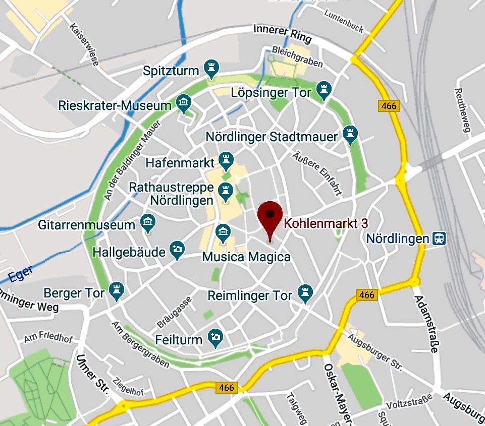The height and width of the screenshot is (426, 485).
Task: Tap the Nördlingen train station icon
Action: click(x=439, y=238)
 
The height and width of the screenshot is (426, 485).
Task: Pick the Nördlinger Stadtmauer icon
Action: click(x=349, y=134)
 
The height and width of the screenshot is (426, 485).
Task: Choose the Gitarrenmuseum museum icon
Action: click(x=147, y=222)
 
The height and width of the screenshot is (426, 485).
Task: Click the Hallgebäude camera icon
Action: click(x=177, y=250)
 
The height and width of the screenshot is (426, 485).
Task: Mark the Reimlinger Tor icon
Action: click(x=304, y=292)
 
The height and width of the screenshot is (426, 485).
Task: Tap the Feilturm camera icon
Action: click(x=216, y=337)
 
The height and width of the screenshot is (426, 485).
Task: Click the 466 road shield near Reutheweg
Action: click(x=388, y=106)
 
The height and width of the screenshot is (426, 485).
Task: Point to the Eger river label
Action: click(x=21, y=274)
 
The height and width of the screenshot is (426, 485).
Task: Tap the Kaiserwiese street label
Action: click(x=85, y=45)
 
